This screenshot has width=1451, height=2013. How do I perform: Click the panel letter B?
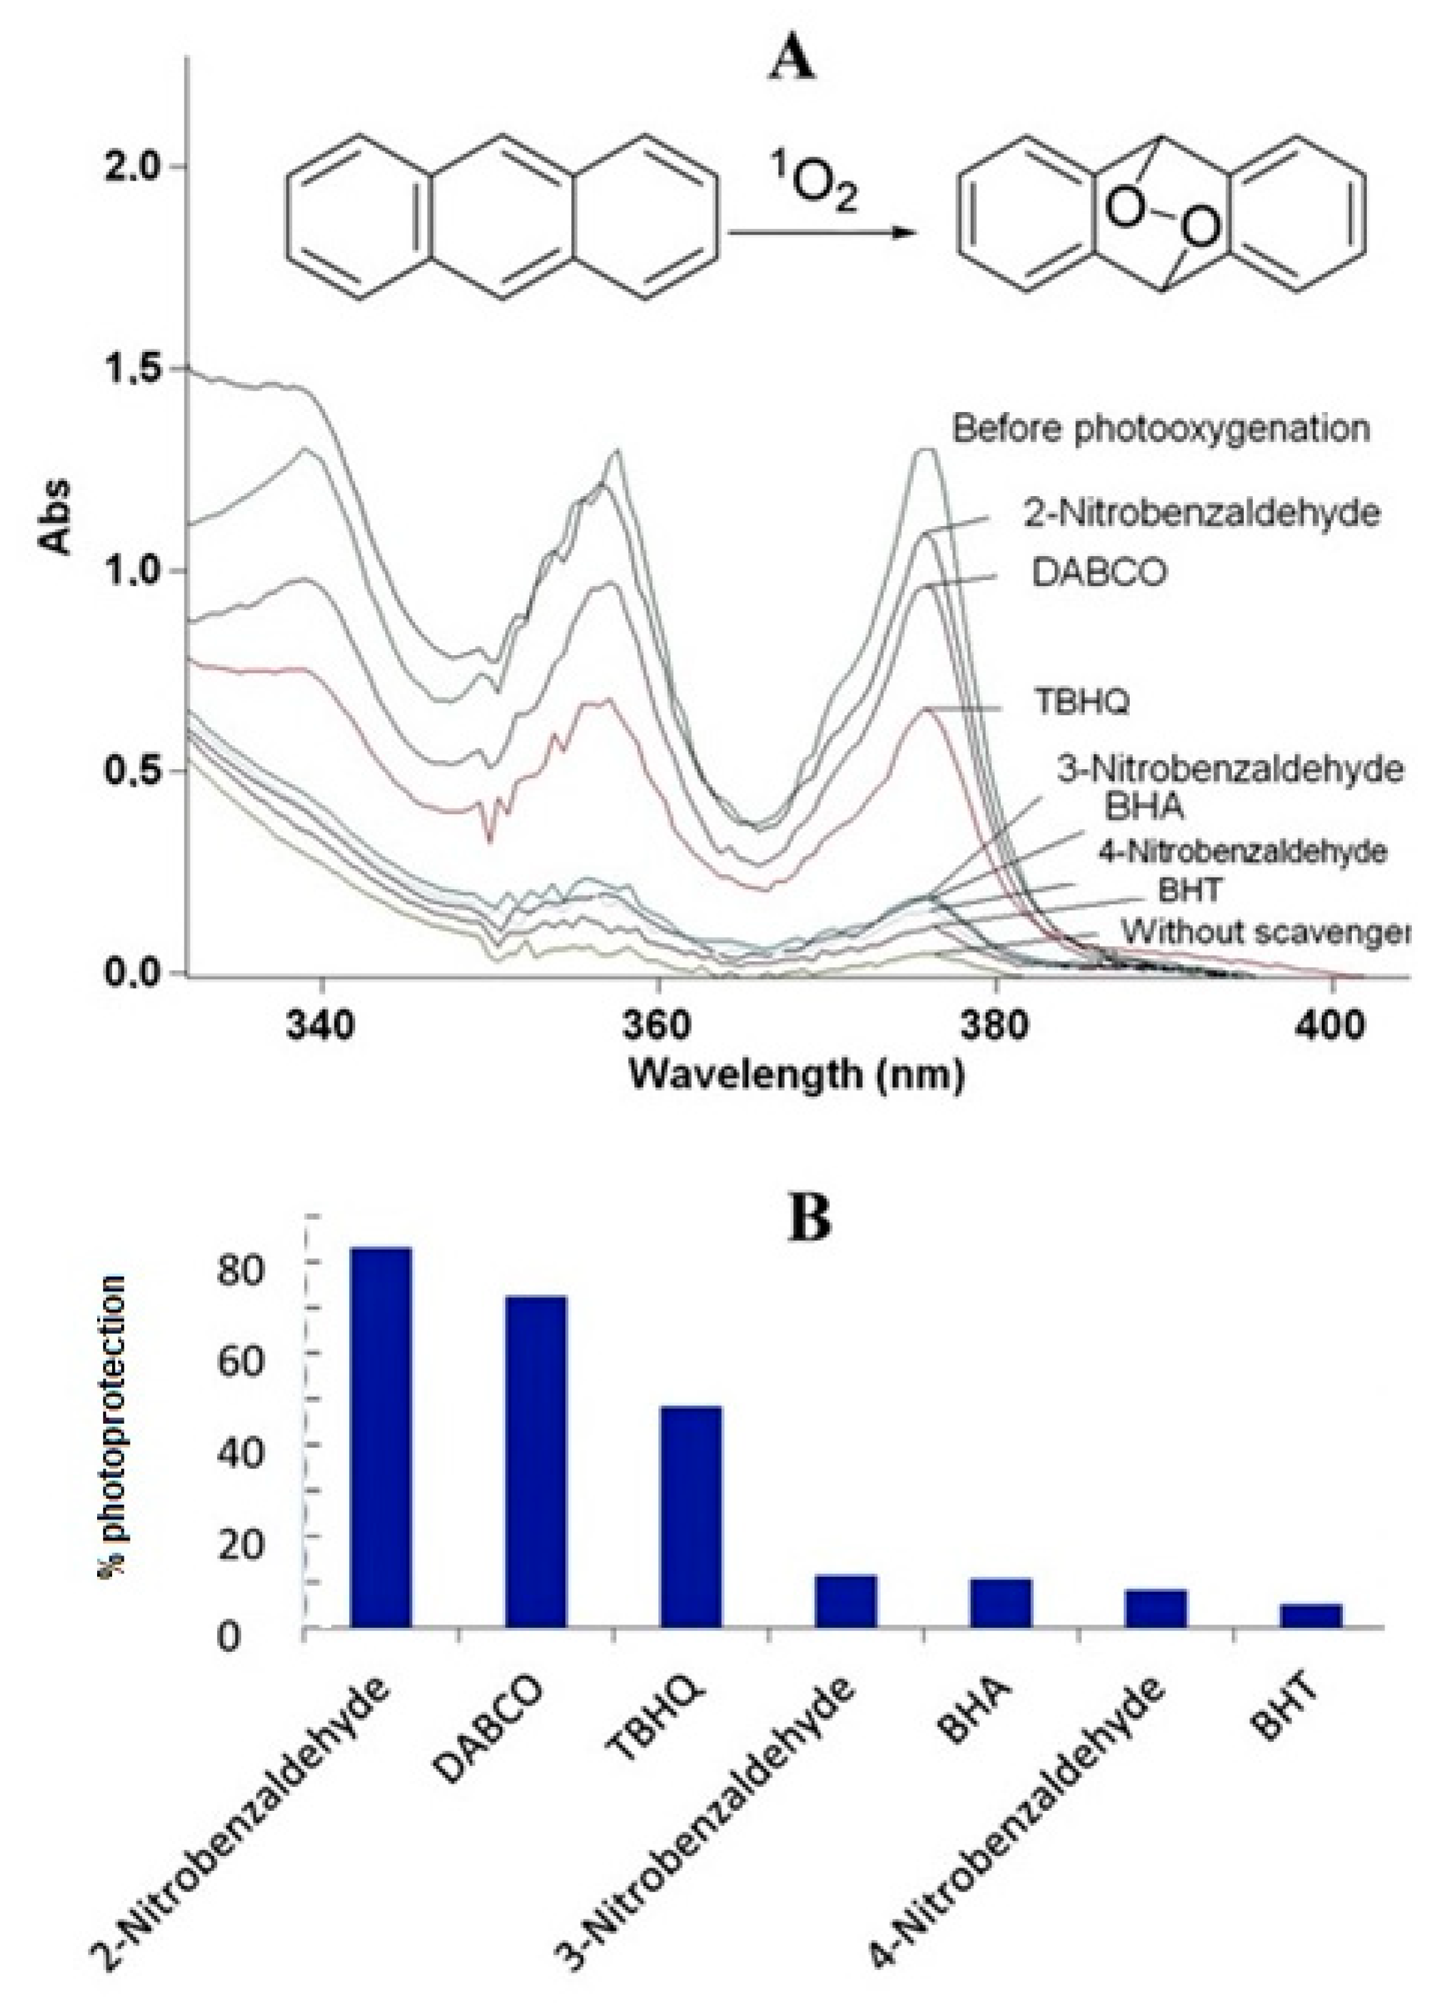click(810, 1218)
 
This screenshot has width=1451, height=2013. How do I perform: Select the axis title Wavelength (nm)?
click(796, 1075)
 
